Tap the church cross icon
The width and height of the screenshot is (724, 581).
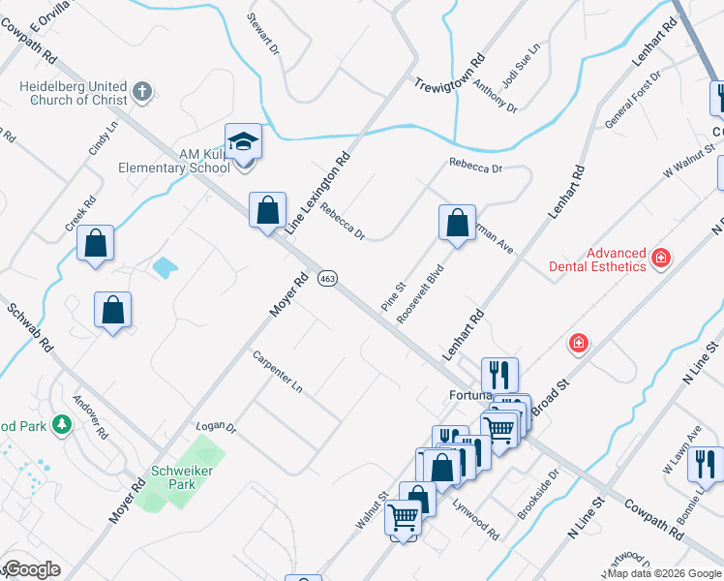(142, 92)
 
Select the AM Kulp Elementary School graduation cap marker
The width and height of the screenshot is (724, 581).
(244, 141)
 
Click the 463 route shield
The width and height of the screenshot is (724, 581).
(328, 278)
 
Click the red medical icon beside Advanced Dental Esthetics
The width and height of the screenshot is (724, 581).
(661, 258)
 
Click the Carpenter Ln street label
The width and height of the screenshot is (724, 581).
(278, 371)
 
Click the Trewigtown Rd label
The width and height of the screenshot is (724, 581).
(449, 74)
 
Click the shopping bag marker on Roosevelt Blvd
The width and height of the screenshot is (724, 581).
(457, 223)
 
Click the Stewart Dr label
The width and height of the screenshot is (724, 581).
(263, 34)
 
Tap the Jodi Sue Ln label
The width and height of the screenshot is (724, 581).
(529, 64)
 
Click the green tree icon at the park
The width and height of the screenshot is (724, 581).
(62, 424)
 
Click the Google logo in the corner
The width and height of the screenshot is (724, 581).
(31, 568)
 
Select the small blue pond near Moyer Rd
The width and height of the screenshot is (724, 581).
(166, 265)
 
